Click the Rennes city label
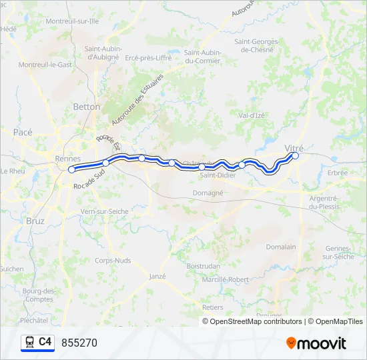(x=68, y=159)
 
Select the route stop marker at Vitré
(x=295, y=156)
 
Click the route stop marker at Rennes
(x=71, y=170)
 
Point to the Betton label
(x=87, y=107)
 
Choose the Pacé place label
(x=23, y=133)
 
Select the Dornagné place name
(x=208, y=193)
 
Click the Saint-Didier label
(x=217, y=176)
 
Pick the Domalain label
(x=280, y=247)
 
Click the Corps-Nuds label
(x=113, y=261)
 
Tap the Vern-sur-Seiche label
(x=104, y=211)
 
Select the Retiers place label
(x=213, y=307)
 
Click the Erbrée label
(x=338, y=173)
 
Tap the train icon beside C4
(x=29, y=343)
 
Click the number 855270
(x=79, y=343)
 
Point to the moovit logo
(x=316, y=343)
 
